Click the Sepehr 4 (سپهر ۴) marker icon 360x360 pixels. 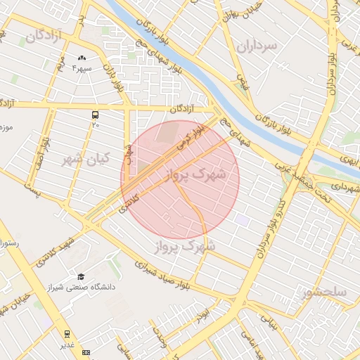[x=82, y=58]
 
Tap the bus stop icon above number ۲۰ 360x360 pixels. [x=95, y=115]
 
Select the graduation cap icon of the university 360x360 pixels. [x=81, y=277]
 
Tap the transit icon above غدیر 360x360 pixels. [x=67, y=334]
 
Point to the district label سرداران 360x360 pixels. [x=257, y=46]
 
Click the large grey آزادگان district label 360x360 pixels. [x=44, y=34]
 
